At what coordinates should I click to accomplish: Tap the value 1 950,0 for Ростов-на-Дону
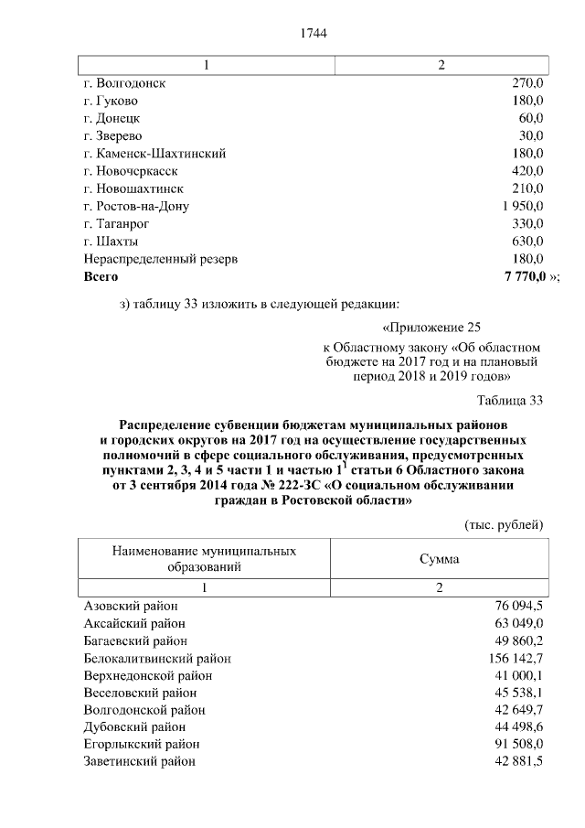point(523,206)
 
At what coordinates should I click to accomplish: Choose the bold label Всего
point(101,275)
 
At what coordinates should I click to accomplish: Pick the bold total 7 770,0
point(518,275)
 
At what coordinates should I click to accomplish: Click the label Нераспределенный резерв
point(160,259)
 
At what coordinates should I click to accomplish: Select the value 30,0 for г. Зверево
point(530,136)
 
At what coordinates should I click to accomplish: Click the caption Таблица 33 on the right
point(509,400)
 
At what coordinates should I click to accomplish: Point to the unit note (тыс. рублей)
point(505,524)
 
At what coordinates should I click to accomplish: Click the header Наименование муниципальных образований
point(205,559)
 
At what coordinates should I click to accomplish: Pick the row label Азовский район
point(130,606)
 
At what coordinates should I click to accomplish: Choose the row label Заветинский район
point(139,761)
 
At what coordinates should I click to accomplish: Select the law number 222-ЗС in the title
point(344,486)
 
